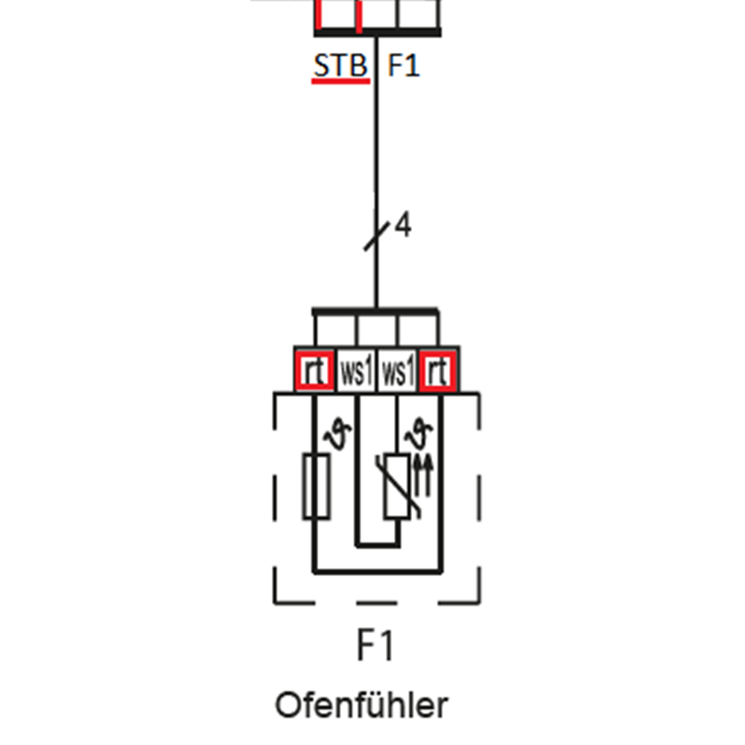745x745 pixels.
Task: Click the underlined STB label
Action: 340,66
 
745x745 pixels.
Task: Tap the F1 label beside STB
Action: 404,66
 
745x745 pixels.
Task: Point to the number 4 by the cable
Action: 403,225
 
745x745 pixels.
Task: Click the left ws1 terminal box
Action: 356,371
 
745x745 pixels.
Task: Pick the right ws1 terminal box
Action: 398,371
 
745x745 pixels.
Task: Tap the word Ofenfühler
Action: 362,704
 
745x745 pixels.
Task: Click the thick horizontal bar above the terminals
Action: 375,311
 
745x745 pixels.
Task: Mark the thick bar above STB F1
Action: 377,32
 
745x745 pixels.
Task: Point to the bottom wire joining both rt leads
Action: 377,572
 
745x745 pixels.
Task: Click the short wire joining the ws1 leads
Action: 377,545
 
